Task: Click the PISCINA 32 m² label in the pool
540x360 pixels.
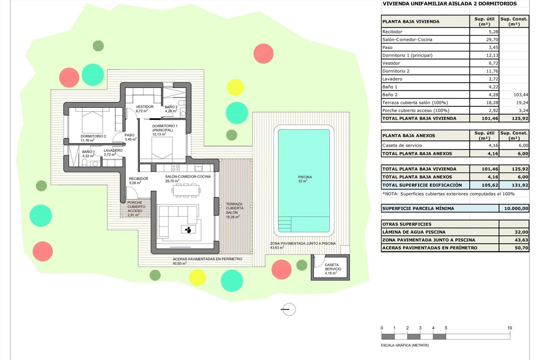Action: tap(305, 179)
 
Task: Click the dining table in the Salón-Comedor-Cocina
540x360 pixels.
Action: tap(186, 190)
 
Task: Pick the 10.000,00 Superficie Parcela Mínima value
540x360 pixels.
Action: tap(516, 208)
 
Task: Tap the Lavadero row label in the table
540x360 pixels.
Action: tap(392, 79)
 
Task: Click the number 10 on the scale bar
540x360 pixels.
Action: tap(509, 328)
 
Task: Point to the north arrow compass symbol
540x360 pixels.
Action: tap(289, 309)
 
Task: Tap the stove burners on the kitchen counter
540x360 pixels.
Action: tap(175, 168)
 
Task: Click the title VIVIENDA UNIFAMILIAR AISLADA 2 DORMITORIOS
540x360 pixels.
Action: tap(449, 4)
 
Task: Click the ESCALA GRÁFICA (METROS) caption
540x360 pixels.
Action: tap(405, 345)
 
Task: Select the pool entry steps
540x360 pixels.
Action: tap(285, 224)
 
